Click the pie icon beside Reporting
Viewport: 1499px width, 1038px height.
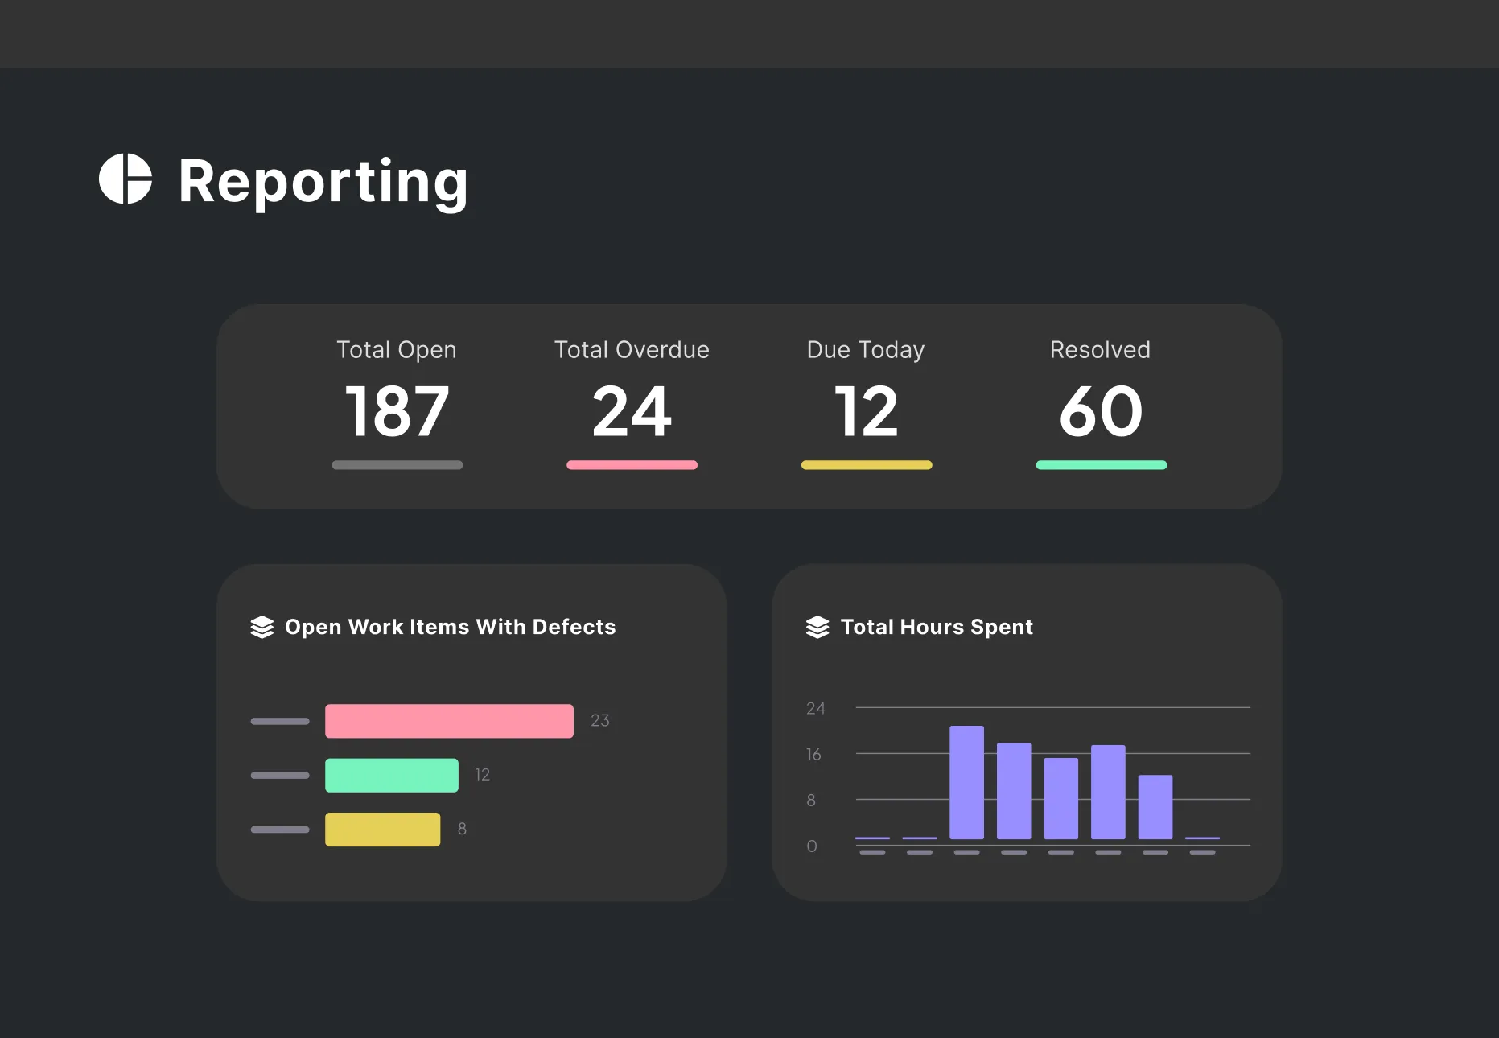[126, 179]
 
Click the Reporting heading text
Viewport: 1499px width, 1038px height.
[323, 182]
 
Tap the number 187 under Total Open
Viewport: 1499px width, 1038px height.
[397, 411]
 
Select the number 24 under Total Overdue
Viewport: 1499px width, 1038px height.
[632, 411]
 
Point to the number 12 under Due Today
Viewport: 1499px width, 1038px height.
[867, 411]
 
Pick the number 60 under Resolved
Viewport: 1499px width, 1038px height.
[1101, 411]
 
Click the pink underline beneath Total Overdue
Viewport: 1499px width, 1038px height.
[632, 465]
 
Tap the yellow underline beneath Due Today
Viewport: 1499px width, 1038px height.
[867, 465]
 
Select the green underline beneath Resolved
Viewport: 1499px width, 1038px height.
[1101, 465]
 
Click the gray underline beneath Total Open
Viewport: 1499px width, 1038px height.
[397, 465]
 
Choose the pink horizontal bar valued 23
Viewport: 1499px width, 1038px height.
[449, 721]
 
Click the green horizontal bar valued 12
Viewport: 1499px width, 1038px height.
[392, 775]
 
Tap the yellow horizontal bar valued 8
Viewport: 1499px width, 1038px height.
[382, 830]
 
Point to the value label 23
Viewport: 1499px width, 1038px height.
[600, 721]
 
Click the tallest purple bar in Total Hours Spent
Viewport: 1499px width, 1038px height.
[966, 782]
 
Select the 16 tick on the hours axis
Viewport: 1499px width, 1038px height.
[813, 755]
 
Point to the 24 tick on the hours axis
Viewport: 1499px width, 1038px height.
[815, 709]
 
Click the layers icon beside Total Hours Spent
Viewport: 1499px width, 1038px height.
[817, 628]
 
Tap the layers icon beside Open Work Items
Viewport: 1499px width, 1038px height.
[262, 628]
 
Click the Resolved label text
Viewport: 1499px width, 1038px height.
[1100, 350]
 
